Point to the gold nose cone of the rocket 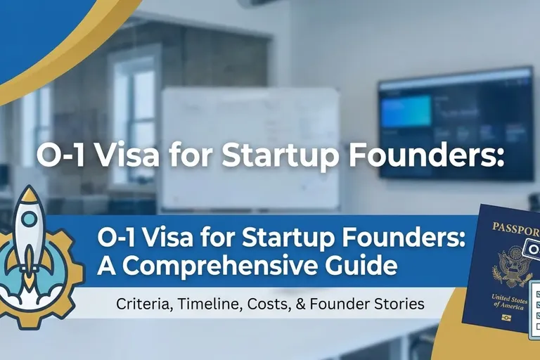30,194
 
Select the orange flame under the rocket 30,269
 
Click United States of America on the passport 509,302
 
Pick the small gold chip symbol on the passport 506,317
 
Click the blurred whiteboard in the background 250,148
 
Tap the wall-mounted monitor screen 456,124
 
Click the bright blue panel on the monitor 406,110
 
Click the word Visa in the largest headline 127,155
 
